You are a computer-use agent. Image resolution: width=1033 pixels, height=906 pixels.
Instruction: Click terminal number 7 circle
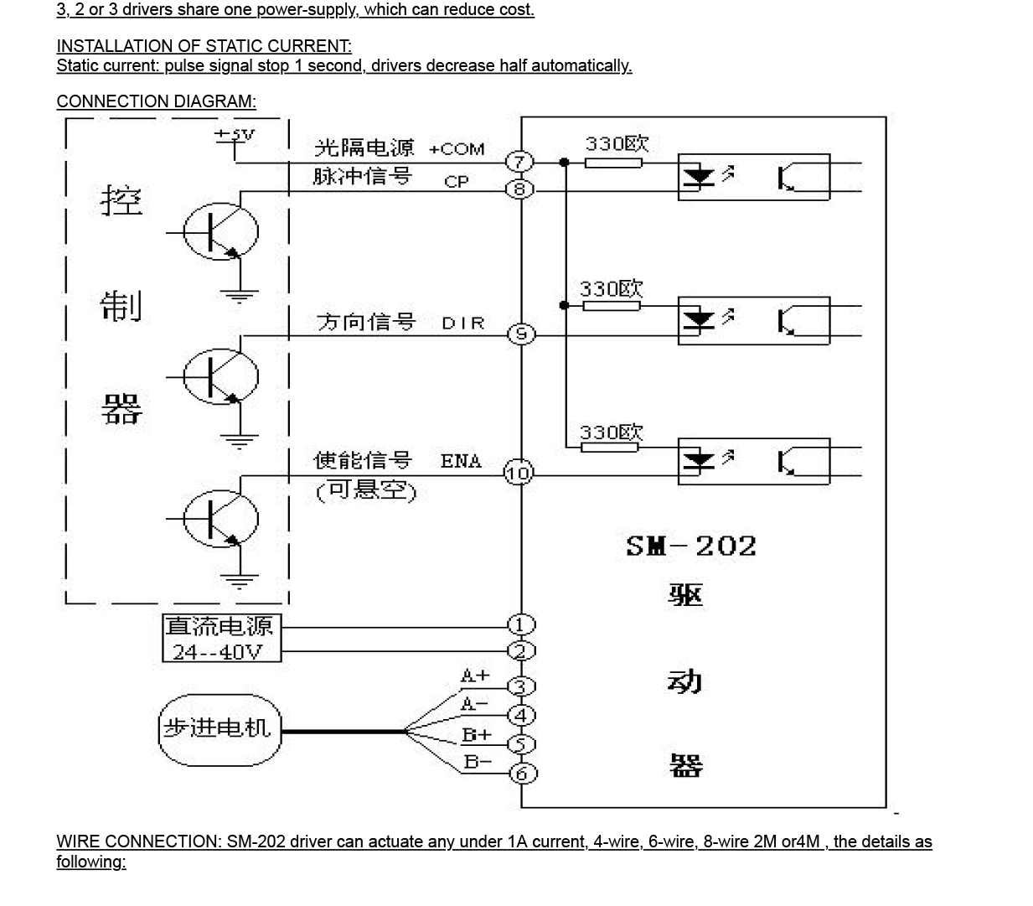click(x=519, y=162)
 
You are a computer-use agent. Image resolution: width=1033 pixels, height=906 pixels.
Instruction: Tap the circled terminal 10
click(x=519, y=474)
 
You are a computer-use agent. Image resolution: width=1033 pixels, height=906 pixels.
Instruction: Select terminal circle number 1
click(x=521, y=625)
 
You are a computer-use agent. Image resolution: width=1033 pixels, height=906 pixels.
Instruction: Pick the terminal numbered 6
click(x=522, y=774)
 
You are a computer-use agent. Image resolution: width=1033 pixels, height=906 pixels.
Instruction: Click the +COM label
click(x=457, y=149)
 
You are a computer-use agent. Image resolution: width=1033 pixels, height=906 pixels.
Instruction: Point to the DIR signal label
click(x=463, y=324)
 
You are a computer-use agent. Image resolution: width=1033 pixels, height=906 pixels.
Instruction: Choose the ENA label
click(x=461, y=461)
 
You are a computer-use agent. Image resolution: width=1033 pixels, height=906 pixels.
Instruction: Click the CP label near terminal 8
click(x=457, y=181)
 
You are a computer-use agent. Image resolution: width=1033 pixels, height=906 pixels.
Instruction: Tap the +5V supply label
click(x=235, y=134)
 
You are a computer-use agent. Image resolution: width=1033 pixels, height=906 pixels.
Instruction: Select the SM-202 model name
click(x=691, y=546)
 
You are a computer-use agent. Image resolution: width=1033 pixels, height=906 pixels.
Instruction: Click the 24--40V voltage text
click(x=217, y=651)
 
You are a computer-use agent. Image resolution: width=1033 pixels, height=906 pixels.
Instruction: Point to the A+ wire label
click(x=475, y=676)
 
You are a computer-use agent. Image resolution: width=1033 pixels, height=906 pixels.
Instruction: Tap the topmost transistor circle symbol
click(x=220, y=232)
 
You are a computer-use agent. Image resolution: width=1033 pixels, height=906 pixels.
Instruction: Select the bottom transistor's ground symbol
click(x=240, y=578)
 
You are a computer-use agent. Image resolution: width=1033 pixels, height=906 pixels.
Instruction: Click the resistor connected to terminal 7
click(x=612, y=163)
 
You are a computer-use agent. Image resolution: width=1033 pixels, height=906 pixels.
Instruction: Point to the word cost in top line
click(x=514, y=10)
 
